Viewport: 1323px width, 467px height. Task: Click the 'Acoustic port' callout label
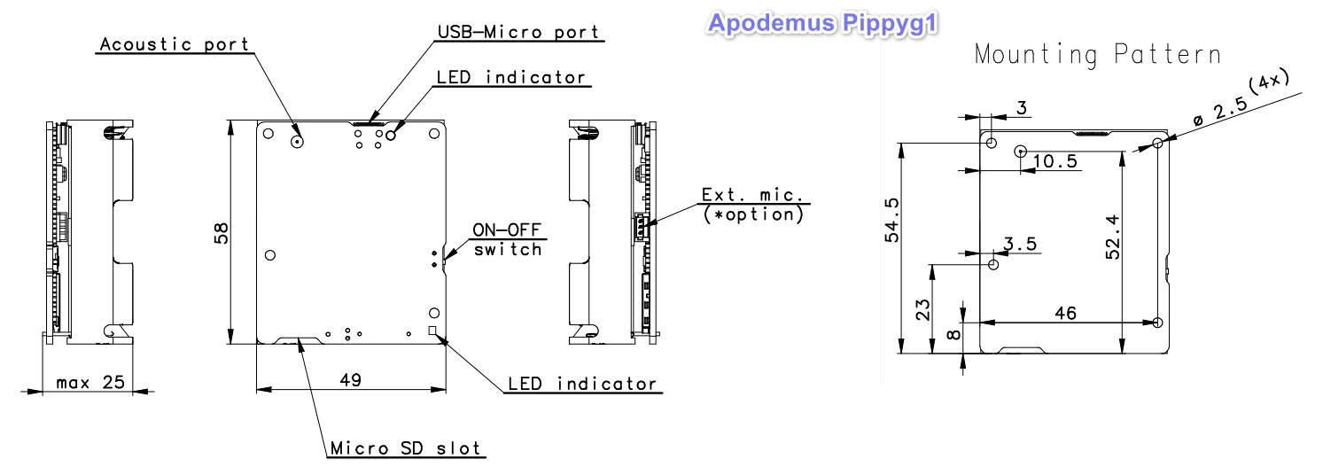click(175, 44)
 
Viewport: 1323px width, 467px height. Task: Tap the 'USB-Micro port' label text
click(518, 32)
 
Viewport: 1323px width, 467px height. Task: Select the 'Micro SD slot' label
click(405, 448)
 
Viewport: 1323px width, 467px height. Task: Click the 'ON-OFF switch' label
click(508, 239)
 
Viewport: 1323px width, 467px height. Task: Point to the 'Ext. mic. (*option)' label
click(753, 205)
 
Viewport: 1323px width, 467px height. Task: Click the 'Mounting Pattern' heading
click(1098, 54)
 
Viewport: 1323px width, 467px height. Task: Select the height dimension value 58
click(221, 233)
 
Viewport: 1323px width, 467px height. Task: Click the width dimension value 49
click(350, 379)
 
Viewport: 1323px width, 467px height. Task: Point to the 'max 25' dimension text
click(90, 383)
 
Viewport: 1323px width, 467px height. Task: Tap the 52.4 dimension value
click(1113, 237)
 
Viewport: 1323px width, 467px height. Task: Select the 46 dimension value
click(1065, 313)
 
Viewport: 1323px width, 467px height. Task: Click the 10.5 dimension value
click(1055, 161)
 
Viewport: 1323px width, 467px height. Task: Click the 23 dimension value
click(922, 309)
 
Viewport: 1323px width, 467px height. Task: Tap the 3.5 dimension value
click(1020, 244)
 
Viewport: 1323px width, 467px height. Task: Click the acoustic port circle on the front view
click(297, 141)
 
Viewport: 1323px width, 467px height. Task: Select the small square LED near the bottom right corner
click(433, 331)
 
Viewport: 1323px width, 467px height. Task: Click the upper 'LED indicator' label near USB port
click(511, 77)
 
